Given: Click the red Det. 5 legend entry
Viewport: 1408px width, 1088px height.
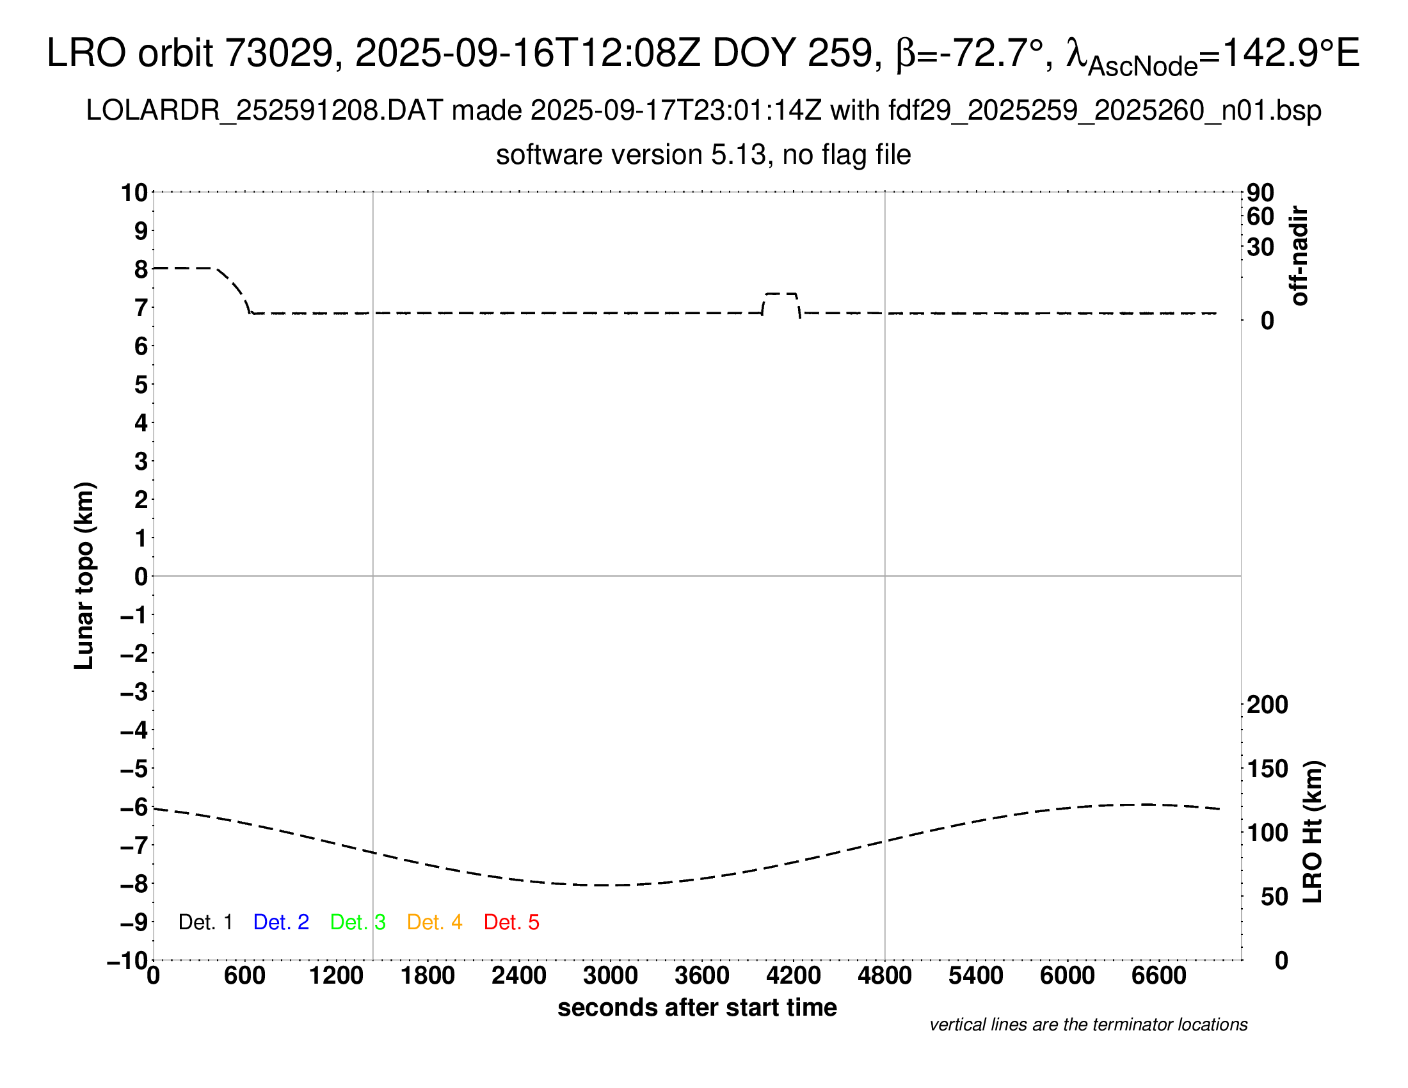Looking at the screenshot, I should point(511,922).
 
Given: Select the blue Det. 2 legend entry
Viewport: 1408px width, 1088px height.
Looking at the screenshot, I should point(281,922).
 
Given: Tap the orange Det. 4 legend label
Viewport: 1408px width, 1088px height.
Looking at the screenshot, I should point(435,922).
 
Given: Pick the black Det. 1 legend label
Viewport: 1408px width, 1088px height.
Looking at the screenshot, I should point(205,922).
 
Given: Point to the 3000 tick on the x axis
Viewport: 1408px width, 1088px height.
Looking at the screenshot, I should point(610,976).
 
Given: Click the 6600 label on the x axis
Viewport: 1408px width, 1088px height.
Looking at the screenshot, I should point(1158,976).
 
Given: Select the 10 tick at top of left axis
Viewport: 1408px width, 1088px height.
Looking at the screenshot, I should point(135,192).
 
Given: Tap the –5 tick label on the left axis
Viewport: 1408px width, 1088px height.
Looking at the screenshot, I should point(135,769).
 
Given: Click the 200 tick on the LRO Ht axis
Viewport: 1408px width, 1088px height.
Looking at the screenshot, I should point(1267,705).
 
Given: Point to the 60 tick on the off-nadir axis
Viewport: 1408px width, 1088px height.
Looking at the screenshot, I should point(1260,216).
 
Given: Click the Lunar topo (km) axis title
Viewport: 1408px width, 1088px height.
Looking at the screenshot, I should point(84,575).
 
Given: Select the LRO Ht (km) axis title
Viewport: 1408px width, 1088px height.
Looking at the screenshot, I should point(1313,832).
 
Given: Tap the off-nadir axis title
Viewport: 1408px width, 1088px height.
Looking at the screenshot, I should point(1300,256).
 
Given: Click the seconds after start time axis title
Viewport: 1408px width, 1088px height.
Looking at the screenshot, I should point(697,1007).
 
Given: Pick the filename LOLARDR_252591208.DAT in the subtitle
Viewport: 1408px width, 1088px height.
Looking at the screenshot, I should point(264,111).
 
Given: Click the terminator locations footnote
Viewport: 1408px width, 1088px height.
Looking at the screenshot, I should point(1088,1025).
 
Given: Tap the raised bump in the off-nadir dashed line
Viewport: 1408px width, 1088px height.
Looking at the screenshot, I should point(781,294).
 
